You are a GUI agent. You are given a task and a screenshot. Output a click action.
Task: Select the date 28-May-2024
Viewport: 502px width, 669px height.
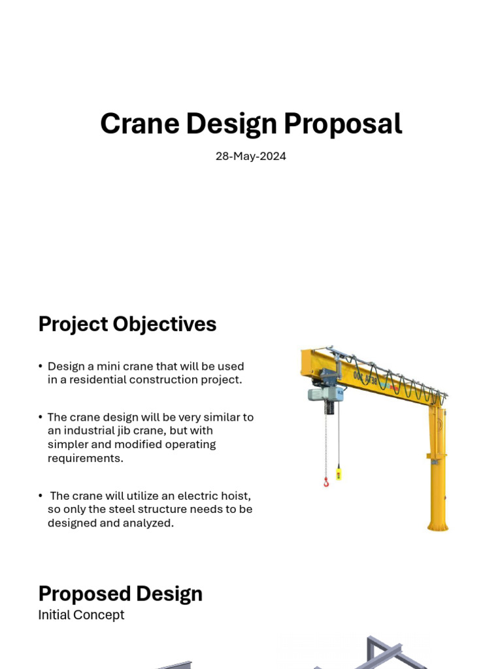pyautogui.click(x=251, y=157)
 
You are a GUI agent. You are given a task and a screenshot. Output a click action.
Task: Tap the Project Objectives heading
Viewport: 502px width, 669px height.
pyautogui.click(x=127, y=324)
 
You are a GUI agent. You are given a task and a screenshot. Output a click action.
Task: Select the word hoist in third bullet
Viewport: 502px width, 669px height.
pyautogui.click(x=237, y=496)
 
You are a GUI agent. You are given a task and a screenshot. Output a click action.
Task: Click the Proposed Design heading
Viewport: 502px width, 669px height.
pyautogui.click(x=120, y=594)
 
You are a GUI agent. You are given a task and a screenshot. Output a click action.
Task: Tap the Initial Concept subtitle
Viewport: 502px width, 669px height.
pyautogui.click(x=81, y=615)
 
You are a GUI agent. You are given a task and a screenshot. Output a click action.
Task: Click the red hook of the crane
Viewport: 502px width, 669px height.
pyautogui.click(x=326, y=482)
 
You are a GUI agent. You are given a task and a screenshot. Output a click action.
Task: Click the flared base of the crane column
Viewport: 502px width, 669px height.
pyautogui.click(x=438, y=524)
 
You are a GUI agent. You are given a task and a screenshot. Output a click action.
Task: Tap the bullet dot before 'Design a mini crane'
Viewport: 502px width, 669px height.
pyautogui.click(x=41, y=367)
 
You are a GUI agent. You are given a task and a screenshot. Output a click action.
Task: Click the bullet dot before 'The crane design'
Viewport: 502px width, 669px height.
pyautogui.click(x=41, y=417)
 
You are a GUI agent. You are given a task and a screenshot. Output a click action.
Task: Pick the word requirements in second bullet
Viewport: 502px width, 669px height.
pyautogui.click(x=85, y=458)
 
